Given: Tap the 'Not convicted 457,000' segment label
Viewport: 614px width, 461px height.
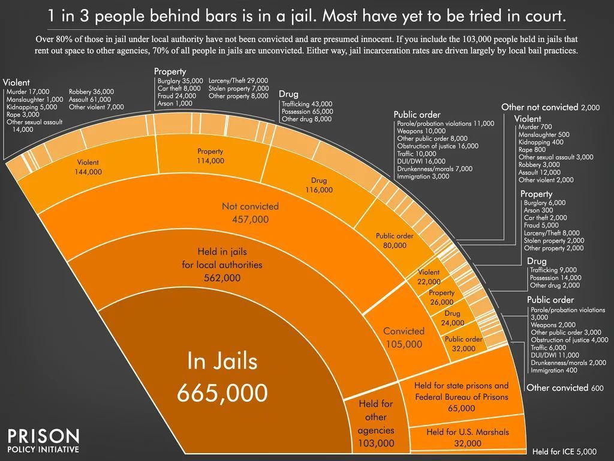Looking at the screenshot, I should click(250, 212).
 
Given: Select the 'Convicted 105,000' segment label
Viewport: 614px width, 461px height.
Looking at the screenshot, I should click(404, 337).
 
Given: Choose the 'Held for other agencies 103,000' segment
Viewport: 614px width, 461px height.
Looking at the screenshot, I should click(375, 424).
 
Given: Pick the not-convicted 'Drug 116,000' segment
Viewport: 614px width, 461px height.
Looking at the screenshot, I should click(322, 185).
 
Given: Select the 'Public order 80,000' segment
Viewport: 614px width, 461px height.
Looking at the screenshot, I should click(395, 240).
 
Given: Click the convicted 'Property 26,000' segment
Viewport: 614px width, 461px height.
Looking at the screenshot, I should click(442, 297).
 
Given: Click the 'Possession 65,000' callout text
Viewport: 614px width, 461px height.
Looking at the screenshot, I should click(307, 111).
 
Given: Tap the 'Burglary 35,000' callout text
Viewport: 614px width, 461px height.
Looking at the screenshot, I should click(179, 80).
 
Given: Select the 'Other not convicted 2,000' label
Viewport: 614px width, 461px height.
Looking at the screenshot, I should click(550, 107).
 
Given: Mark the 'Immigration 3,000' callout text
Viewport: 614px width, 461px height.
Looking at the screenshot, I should click(423, 176).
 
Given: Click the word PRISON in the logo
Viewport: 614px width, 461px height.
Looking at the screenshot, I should click(43, 436).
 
